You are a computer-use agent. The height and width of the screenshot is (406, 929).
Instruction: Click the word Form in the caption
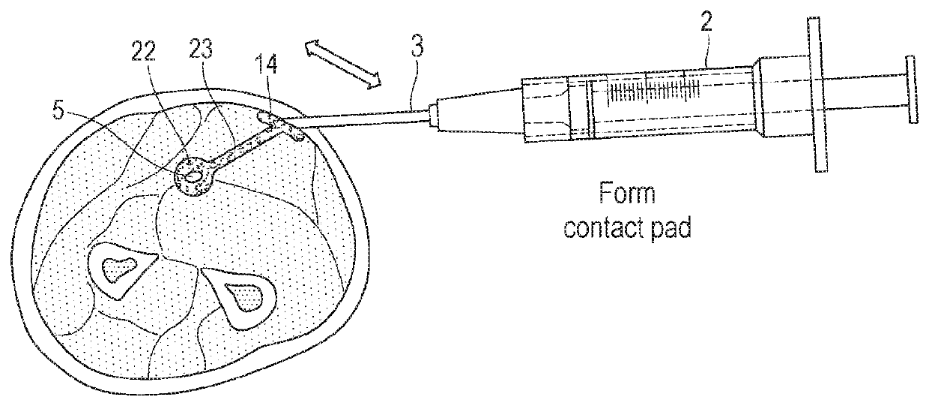click(626, 197)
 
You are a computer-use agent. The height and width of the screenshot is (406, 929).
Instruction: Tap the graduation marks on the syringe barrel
click(656, 92)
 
